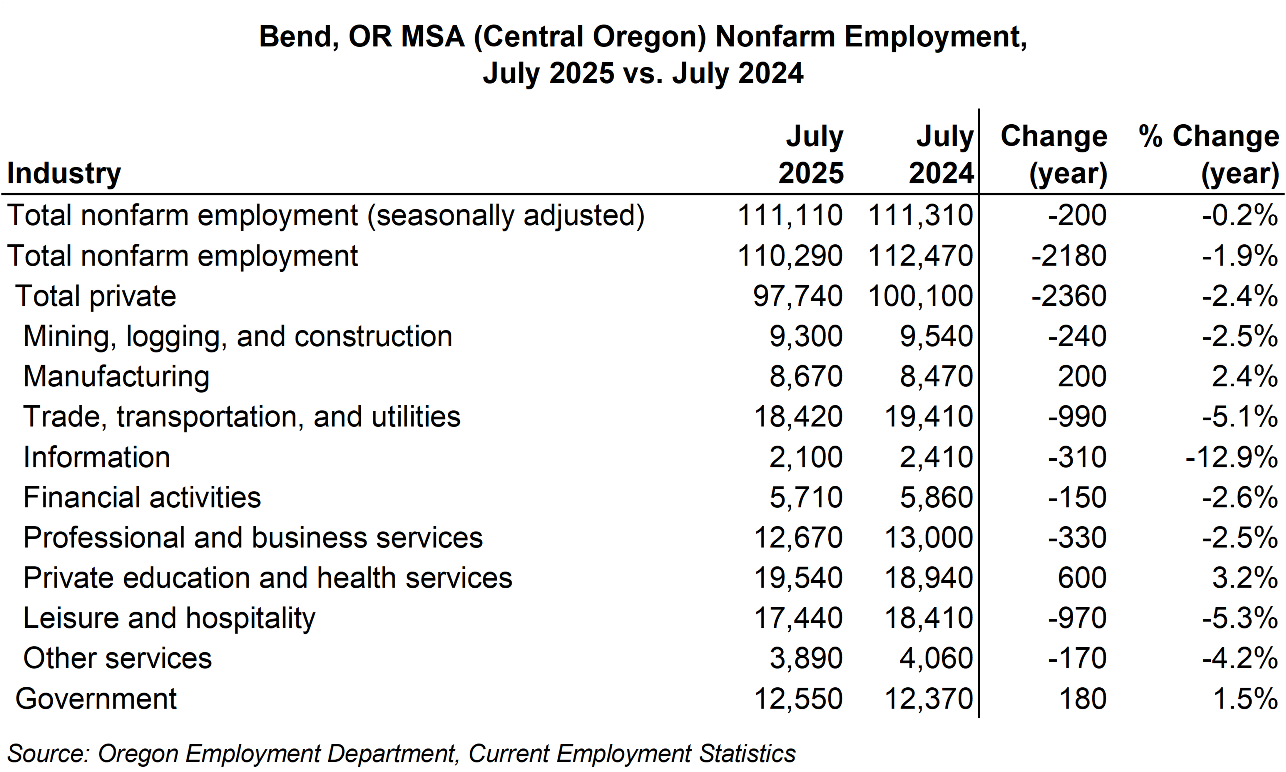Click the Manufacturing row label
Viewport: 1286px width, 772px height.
pos(116,376)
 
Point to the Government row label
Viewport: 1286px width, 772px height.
pos(96,698)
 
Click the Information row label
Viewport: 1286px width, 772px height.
pos(97,457)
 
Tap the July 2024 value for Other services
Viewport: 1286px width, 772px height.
pos(936,658)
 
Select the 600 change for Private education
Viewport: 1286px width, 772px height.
pos(1082,577)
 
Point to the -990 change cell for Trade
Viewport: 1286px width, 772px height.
pos(1077,417)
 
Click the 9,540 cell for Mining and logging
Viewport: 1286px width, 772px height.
pos(936,336)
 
